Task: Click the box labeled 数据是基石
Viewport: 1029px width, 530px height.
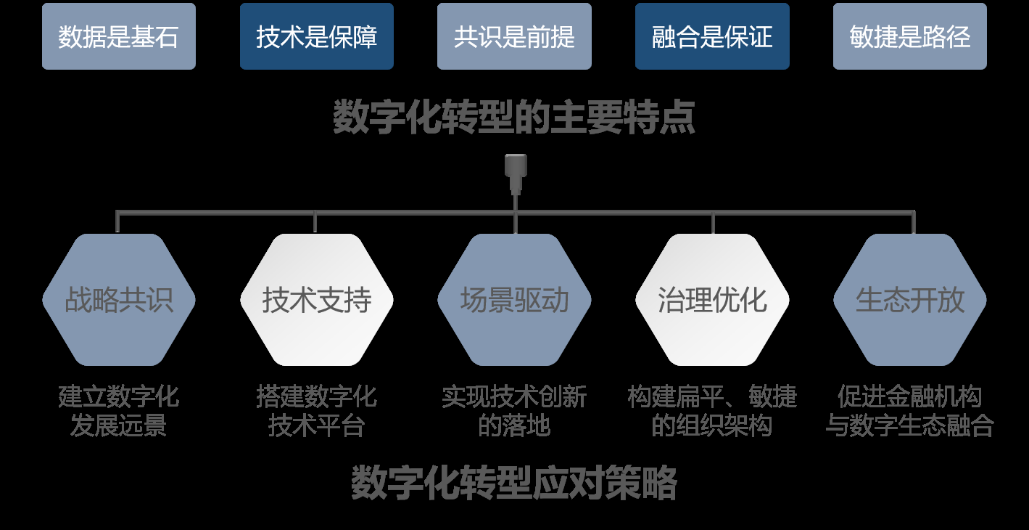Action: (x=118, y=36)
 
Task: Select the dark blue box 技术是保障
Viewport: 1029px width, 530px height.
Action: (x=316, y=36)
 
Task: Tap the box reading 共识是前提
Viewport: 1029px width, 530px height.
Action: (x=514, y=36)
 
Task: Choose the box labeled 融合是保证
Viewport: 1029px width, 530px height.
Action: (x=712, y=36)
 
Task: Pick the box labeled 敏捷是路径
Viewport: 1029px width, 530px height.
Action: (x=909, y=36)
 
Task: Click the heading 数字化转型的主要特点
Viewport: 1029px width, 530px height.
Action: (x=514, y=118)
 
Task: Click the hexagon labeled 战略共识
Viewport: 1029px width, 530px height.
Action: (x=118, y=300)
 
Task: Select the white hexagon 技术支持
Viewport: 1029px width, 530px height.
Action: (x=316, y=300)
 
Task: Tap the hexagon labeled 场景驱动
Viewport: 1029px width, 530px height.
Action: (x=514, y=300)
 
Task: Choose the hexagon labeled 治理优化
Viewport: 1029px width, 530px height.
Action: (x=712, y=300)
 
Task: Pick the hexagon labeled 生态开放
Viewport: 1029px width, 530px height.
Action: (x=909, y=300)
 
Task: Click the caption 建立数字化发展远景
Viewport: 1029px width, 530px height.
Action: (x=118, y=411)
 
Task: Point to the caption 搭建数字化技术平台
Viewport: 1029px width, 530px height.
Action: (x=316, y=411)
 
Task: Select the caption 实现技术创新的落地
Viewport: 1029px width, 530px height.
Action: (x=514, y=411)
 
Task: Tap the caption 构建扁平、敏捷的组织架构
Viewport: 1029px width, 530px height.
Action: (x=712, y=411)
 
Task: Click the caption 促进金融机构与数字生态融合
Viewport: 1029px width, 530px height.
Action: (x=909, y=411)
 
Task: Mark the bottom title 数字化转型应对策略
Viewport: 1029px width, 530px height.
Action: (x=514, y=483)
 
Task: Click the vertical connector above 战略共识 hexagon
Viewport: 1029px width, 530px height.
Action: (x=117, y=222)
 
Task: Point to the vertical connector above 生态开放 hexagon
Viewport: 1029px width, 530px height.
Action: (x=913, y=222)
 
